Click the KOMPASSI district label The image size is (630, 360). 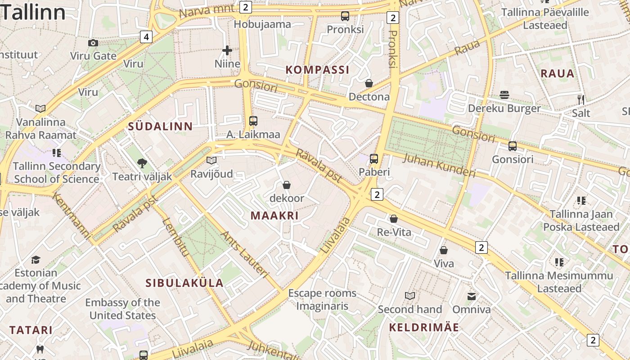pos(318,70)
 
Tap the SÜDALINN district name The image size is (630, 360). pos(160,126)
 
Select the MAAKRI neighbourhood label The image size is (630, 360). pos(274,216)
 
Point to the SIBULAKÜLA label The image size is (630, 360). pos(184,283)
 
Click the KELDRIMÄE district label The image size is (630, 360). pos(424,328)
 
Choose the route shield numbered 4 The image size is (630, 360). pos(146,36)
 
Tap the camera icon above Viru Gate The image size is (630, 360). pos(93,43)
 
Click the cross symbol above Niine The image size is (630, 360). pos(227,50)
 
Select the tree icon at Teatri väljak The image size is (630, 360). pos(142,163)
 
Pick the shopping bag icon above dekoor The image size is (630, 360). pos(286,185)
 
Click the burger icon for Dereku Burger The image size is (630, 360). pos(504,95)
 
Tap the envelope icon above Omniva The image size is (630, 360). pos(472,296)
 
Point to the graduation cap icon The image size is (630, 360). pos(36,260)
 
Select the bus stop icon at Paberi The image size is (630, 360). pos(374,158)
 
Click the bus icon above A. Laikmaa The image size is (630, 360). pos(253,121)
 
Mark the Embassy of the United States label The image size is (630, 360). pos(122,309)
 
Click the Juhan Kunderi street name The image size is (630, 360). pos(439,165)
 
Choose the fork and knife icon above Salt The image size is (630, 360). pos(581,99)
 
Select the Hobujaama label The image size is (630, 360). pos(262,24)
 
